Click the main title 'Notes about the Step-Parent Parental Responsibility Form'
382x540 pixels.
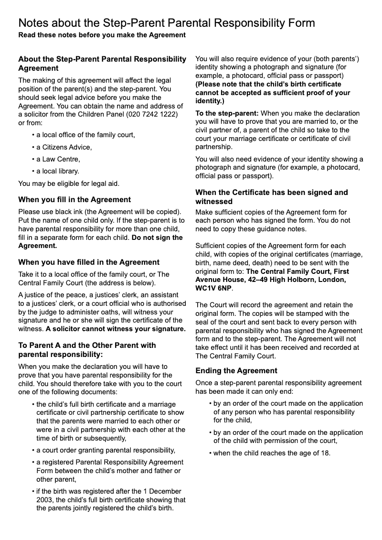click(167, 23)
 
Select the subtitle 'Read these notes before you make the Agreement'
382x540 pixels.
click(102, 35)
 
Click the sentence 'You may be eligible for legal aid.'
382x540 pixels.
click(69, 184)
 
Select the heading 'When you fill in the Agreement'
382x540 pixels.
click(74, 199)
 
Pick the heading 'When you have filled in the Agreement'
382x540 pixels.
click(89, 262)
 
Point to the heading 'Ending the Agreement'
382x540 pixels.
click(236, 370)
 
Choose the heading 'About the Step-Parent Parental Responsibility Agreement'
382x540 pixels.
click(102, 64)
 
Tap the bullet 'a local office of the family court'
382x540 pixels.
click(85, 135)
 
